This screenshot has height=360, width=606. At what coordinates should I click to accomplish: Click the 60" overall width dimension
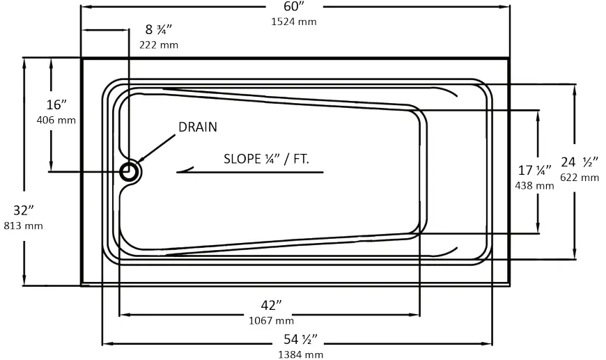click(294, 6)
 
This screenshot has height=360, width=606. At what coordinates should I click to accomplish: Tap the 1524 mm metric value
click(294, 21)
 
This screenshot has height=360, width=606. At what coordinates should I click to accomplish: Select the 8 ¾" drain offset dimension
click(158, 30)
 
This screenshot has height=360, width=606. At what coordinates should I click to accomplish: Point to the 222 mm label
click(158, 45)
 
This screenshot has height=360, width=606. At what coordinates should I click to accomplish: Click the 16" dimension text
click(56, 105)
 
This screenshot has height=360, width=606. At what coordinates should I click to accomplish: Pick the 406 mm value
click(56, 120)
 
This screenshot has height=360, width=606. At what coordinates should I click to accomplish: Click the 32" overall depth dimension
click(23, 210)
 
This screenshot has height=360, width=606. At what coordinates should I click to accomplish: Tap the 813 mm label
click(23, 225)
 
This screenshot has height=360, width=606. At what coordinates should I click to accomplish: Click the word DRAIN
click(198, 127)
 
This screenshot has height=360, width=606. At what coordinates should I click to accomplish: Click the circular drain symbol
click(130, 171)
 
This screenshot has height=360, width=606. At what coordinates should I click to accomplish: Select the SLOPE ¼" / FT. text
click(266, 158)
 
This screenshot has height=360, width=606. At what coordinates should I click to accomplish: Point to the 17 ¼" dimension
click(534, 170)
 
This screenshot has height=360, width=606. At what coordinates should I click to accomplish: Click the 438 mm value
click(534, 185)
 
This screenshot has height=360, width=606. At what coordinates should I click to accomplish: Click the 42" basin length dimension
click(271, 306)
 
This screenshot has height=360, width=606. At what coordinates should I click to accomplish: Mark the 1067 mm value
click(271, 320)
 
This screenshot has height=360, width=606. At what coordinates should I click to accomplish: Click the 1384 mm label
click(300, 354)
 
